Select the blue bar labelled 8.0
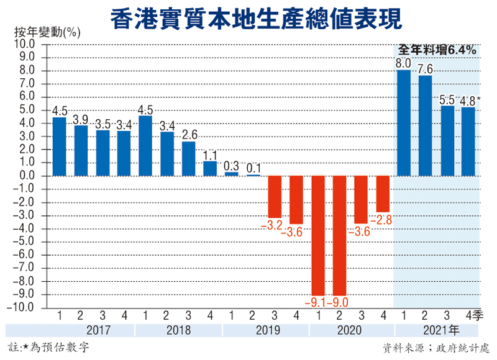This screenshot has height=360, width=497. tap(403, 123)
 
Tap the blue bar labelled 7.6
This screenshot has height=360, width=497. tap(425, 125)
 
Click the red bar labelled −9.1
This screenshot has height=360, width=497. tap(317, 235)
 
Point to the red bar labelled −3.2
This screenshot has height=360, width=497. tap(275, 197)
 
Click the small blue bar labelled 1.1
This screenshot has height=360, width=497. tap(210, 168)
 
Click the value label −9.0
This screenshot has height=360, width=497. tap(340, 302)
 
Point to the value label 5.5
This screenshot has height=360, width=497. tap(447, 99)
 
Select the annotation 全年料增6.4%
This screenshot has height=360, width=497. tap(437, 49)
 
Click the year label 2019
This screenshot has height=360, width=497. tap(265, 330)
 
